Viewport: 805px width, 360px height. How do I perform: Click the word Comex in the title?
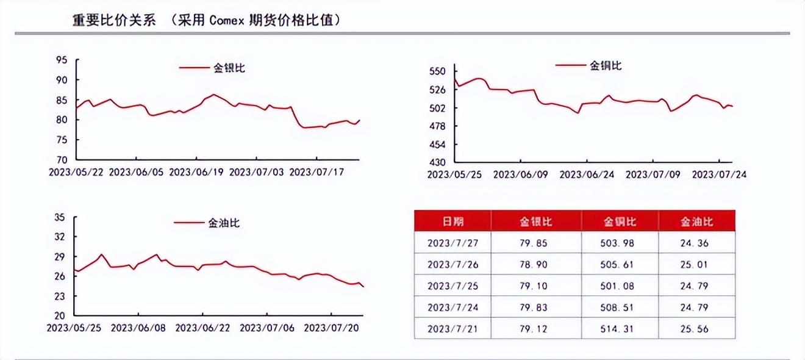click(x=226, y=20)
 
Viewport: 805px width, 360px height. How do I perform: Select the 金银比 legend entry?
click(x=229, y=68)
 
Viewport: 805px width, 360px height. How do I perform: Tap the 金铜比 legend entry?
click(x=606, y=65)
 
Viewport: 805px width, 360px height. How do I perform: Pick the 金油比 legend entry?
click(x=224, y=223)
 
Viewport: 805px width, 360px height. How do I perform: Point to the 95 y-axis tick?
click(x=61, y=60)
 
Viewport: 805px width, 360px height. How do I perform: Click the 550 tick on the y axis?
click(x=438, y=71)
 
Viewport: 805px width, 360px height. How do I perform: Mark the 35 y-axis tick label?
click(x=60, y=217)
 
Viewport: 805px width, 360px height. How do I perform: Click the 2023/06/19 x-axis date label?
click(x=196, y=173)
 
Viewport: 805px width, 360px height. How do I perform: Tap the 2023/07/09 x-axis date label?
click(x=653, y=174)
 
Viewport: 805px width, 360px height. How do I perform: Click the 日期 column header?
click(x=452, y=221)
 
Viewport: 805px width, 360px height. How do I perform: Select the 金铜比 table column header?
click(x=620, y=221)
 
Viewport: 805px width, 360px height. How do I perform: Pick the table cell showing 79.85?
click(x=537, y=243)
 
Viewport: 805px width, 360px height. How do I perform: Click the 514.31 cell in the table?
click(x=620, y=328)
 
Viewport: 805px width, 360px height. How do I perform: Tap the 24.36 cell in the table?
click(x=696, y=243)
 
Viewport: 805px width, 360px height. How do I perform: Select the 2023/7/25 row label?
click(x=452, y=286)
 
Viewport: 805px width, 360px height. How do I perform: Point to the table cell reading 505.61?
click(x=620, y=264)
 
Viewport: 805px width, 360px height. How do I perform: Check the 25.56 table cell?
click(x=696, y=328)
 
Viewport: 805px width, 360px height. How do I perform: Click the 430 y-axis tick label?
click(x=438, y=163)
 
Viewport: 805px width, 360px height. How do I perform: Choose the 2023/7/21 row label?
click(x=452, y=328)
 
